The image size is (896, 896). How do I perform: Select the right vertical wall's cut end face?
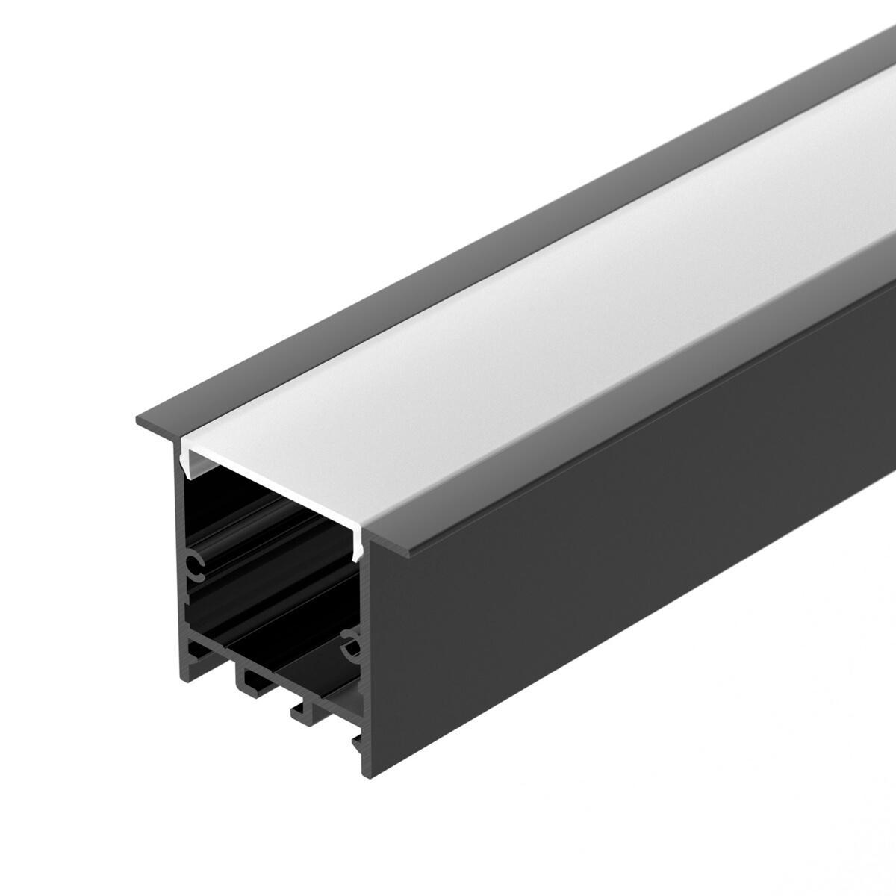pos(365,672)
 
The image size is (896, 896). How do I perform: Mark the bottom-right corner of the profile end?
pos(367,769)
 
